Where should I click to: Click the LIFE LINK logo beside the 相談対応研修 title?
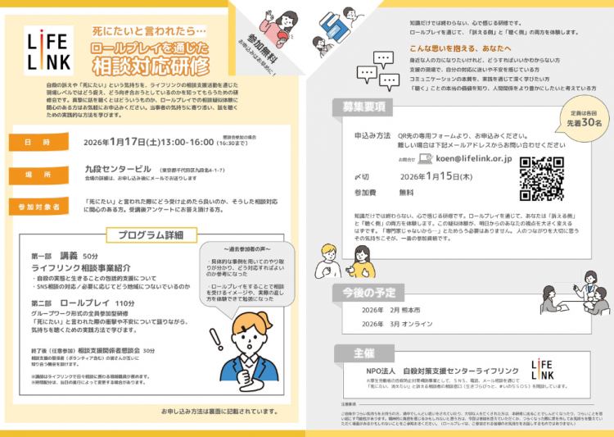tap(43, 50)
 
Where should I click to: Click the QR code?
tap(544, 174)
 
